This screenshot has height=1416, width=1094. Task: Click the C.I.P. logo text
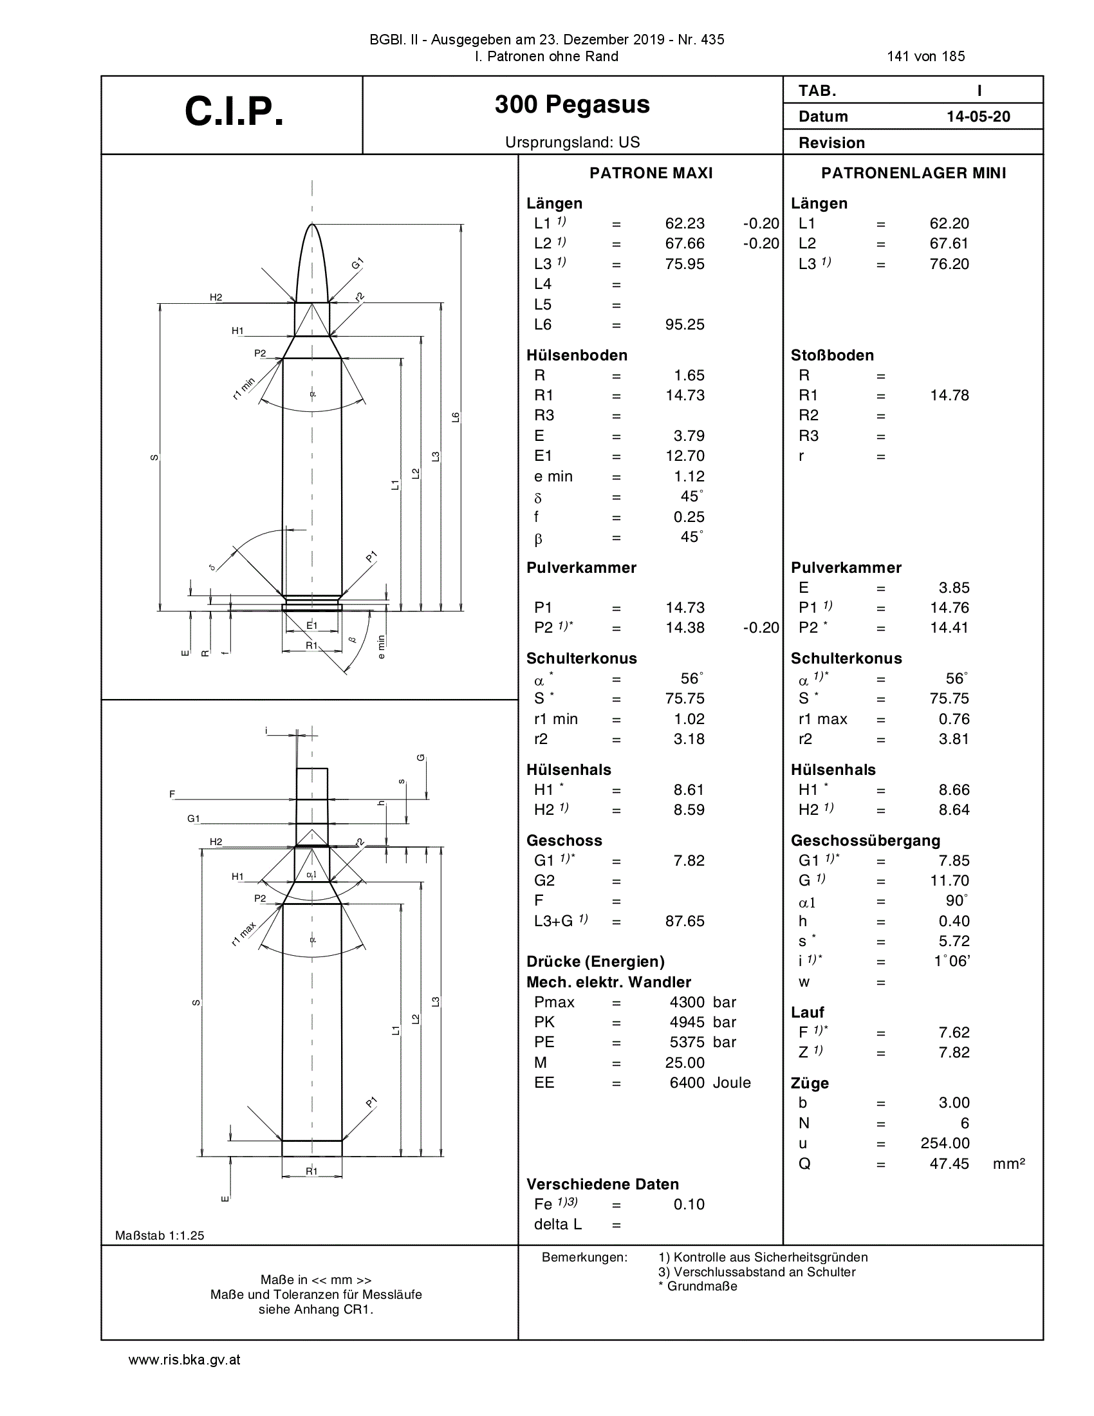pos(234,111)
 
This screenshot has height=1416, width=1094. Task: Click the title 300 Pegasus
pos(572,104)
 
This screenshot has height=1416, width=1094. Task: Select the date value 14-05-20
pos(978,116)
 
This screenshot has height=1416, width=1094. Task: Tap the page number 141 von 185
pos(925,57)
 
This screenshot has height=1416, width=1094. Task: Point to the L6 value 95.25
pos(685,325)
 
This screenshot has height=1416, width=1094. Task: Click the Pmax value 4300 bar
pos(703,1002)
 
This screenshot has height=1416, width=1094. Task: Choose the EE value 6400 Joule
pos(710,1083)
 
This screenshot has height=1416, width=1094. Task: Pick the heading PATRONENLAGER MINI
pos(914,173)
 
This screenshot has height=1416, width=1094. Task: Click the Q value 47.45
pos(949,1164)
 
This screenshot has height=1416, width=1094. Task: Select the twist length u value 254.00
pos(945,1144)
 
